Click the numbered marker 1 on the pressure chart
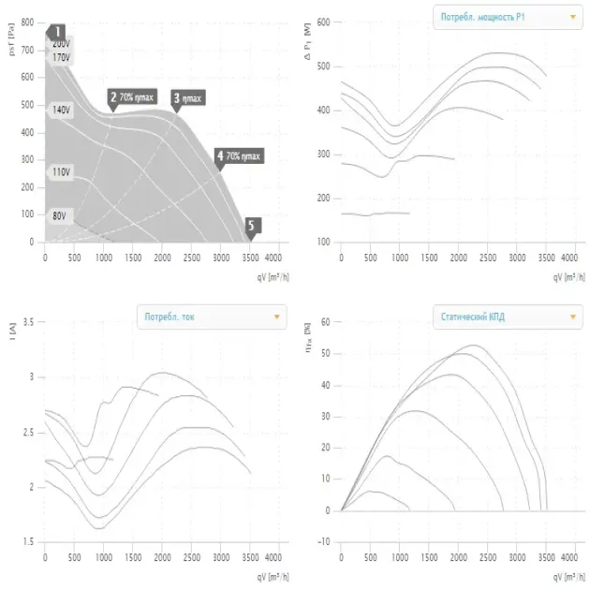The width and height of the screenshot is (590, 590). coord(57,32)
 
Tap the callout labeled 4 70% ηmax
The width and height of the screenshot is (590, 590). coord(239,155)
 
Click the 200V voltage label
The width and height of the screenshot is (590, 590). coord(61,44)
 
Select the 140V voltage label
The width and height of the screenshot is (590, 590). coord(61,110)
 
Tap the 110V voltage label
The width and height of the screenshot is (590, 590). coord(61,172)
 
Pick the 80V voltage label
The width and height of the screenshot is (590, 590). coord(59,215)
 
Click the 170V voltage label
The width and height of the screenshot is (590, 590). coord(61,57)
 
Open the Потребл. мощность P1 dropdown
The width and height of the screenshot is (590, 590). coord(507,17)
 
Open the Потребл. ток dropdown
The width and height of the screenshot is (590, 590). coord(211,317)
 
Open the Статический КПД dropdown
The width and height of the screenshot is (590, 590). coord(507,317)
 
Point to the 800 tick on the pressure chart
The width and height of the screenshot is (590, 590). coord(27,22)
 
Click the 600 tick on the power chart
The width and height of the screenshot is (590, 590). coord(325,22)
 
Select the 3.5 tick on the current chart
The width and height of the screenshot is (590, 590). coord(27,322)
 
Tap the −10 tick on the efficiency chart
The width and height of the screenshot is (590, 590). coord(325,541)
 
